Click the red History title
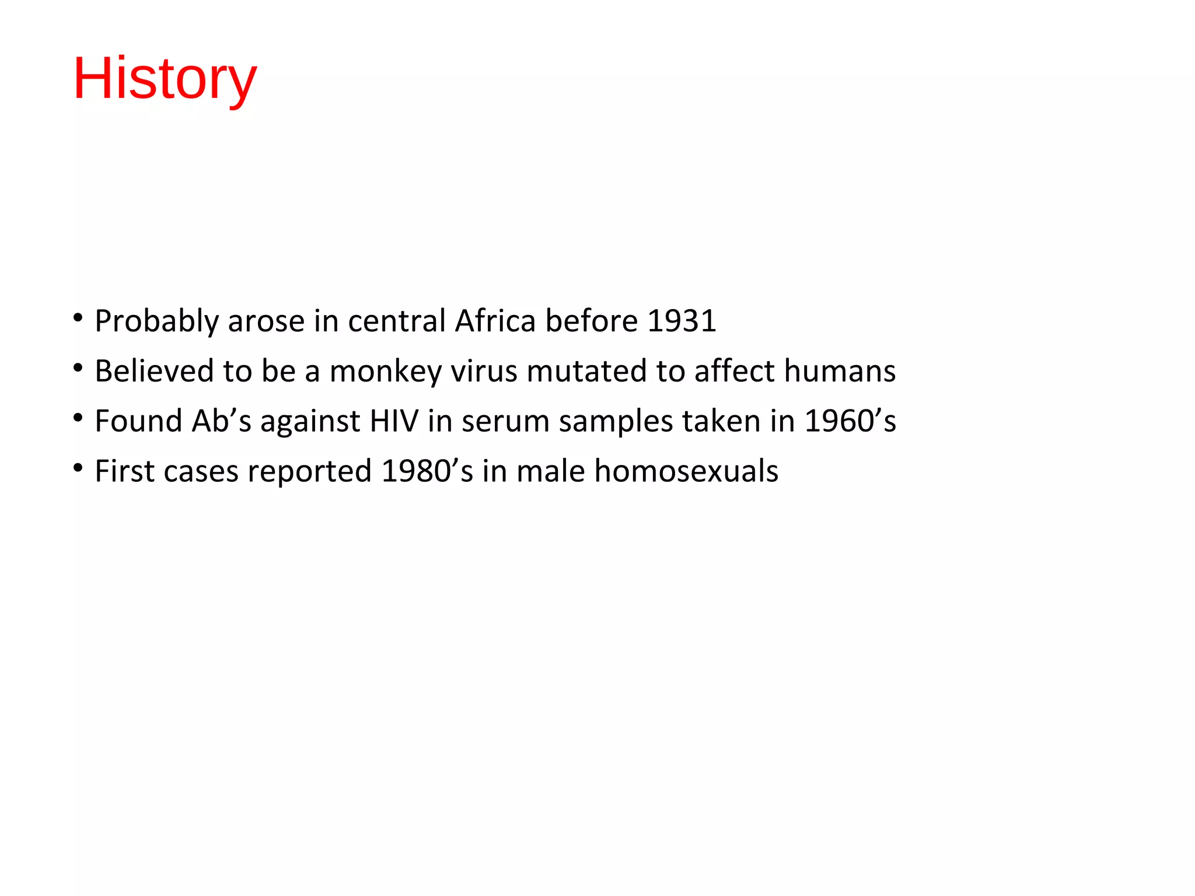(165, 79)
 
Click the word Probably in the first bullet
(156, 321)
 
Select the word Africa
(495, 321)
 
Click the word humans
(840, 371)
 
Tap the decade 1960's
(850, 421)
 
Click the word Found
(139, 421)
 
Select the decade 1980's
(427, 471)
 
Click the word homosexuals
(686, 471)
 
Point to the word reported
(309, 471)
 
